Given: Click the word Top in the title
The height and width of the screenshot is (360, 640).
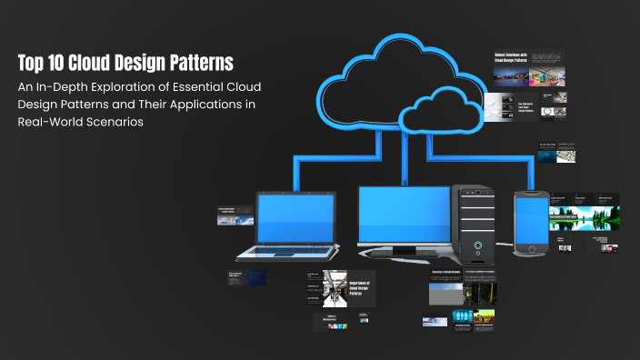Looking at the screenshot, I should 33,63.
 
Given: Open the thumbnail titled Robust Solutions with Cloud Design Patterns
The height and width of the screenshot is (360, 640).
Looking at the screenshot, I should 528,67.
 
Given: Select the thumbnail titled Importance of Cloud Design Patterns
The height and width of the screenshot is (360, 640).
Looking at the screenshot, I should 335,288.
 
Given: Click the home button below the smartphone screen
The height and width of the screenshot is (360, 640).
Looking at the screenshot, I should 530,248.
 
